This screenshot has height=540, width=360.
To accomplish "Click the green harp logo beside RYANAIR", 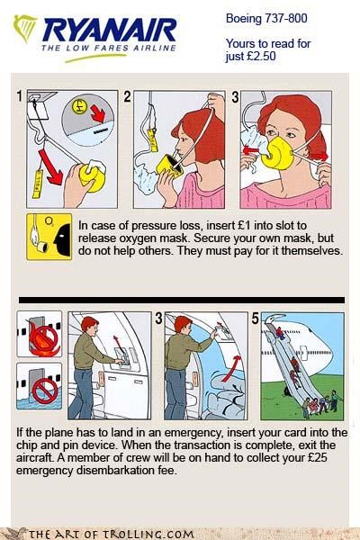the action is pyautogui.click(x=24, y=28).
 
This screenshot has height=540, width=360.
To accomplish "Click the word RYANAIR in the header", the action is pyautogui.click(x=109, y=31).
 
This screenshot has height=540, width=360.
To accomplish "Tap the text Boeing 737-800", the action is pyautogui.click(x=266, y=18).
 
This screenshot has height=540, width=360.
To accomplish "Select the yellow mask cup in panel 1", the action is pyautogui.click(x=93, y=176).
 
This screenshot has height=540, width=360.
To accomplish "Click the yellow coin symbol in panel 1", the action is pyautogui.click(x=79, y=106).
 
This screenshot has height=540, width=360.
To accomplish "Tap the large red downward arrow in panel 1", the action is pyautogui.click(x=50, y=167).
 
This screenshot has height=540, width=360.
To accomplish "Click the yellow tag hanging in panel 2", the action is pyautogui.click(x=153, y=139).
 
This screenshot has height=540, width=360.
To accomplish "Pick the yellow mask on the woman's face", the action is pyautogui.click(x=278, y=153).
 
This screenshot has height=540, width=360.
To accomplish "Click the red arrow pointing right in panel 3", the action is pyautogui.click(x=319, y=157).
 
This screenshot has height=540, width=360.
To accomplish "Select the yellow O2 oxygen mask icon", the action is pyautogui.click(x=49, y=236).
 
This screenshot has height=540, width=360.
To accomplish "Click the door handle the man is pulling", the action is pyautogui.click(x=122, y=361).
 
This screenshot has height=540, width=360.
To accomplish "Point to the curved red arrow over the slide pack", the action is pyautogui.click(x=231, y=368).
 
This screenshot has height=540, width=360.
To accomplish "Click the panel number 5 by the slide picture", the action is pyautogui.click(x=255, y=319).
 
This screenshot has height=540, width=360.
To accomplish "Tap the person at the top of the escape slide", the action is pyautogui.click(x=280, y=333).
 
